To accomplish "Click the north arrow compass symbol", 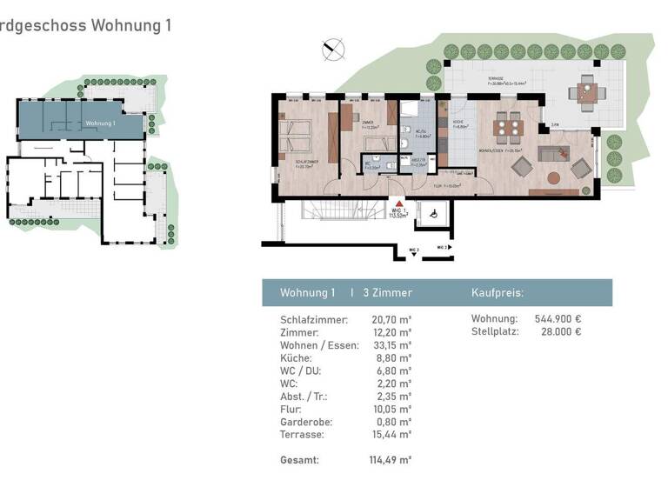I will point(332,50).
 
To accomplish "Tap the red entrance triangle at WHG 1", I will point(400,202).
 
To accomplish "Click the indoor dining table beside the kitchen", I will point(506,128).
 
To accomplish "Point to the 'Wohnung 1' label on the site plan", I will point(100,124).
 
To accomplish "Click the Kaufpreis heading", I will point(497,293).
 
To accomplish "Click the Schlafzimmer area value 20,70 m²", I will point(391,320).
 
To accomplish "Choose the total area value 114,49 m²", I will point(391,459).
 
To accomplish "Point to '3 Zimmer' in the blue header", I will point(387,293).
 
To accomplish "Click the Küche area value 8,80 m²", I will point(394,357).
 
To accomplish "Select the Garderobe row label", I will point(305,421).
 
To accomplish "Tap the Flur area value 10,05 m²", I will point(391,408).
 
